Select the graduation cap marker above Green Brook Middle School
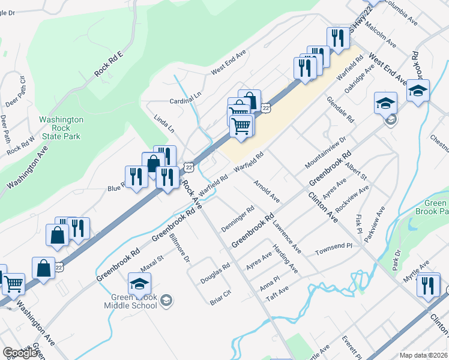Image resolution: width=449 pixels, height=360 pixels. coord(140,284)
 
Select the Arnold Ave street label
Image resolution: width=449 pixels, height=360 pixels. coord(267,190)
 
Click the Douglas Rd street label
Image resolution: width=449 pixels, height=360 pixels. coord(215,272)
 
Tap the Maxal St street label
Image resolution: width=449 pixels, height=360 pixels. coord(152,262)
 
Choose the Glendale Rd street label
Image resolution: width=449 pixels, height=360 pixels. coord(341,109)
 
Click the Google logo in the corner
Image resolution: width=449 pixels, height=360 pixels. coord(20,353)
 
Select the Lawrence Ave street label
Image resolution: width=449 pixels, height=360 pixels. coord(286,236)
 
